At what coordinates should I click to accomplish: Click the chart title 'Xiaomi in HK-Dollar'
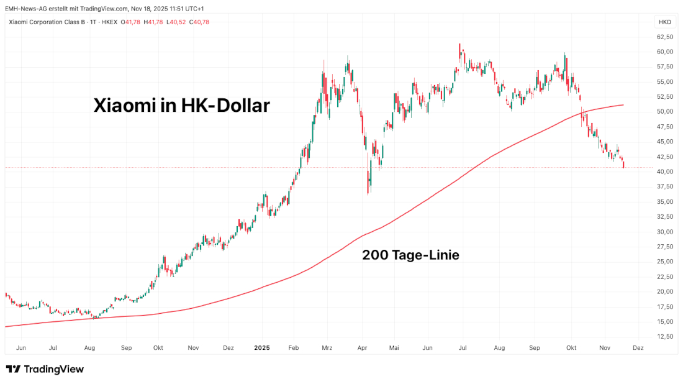181,105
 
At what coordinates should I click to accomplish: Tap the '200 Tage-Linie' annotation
410,255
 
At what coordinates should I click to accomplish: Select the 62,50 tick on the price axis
665,37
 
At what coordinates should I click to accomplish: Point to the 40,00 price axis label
665,171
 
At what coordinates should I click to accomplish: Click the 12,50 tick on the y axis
665,337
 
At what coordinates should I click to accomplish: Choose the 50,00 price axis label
665,112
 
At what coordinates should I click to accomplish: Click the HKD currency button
664,22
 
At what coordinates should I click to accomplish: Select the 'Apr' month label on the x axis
362,349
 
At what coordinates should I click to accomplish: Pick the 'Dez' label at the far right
637,349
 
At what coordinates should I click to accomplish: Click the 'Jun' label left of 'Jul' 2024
20,349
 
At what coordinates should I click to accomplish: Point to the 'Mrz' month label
327,349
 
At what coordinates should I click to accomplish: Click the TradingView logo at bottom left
45,369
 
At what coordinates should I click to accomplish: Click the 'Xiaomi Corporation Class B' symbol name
47,22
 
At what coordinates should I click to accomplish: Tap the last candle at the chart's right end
623,165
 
